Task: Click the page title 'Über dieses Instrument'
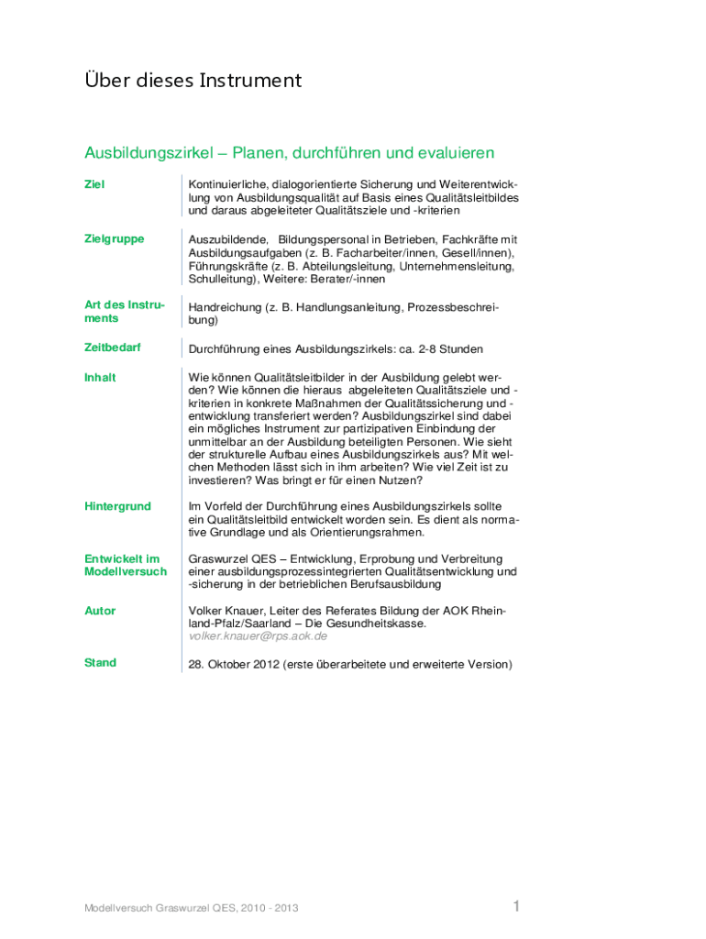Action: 193,81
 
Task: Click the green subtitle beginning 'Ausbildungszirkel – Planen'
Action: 290,152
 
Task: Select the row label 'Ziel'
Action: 94,184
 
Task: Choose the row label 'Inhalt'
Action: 100,377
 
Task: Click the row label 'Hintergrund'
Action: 117,506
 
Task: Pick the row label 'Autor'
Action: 100,611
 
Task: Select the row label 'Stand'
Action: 100,663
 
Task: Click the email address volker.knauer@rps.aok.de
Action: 258,636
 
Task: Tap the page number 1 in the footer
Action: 516,907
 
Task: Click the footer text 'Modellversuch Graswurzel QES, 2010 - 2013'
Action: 191,909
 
